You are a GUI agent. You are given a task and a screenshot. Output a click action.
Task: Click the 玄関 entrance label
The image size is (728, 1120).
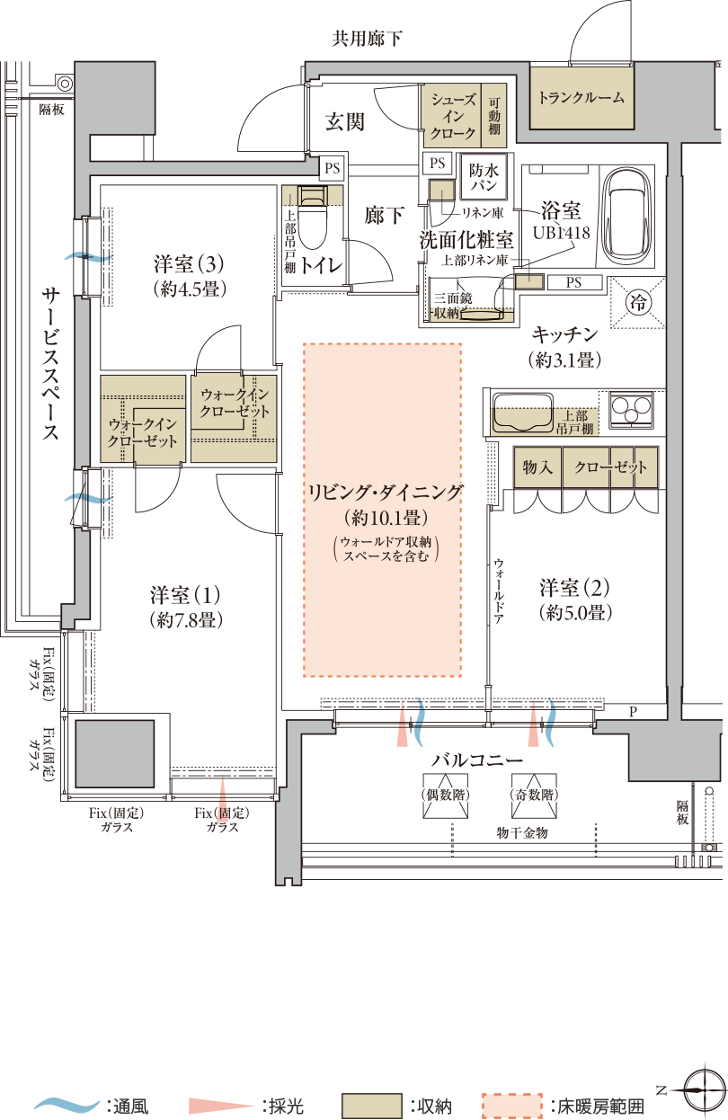[344, 123]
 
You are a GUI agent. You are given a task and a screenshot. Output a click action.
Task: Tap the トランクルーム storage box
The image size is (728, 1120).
[581, 98]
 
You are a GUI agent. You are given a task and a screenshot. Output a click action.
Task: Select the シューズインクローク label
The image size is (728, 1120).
[453, 115]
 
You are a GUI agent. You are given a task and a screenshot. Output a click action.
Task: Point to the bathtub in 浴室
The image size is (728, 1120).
[632, 215]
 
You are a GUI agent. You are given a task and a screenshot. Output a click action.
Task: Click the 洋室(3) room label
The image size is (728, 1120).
[188, 265]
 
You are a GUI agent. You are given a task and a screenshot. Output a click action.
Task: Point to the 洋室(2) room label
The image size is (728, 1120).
[575, 588]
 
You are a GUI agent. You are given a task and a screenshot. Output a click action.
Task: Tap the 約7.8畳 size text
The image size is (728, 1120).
[186, 619]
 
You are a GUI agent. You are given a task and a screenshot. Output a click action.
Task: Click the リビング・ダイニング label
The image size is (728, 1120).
[384, 493]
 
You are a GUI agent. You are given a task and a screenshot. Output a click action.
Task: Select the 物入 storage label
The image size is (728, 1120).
[537, 468]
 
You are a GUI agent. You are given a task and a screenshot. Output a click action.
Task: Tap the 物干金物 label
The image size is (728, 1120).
[522, 833]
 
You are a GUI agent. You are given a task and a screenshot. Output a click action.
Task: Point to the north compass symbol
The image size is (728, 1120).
[702, 1089]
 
